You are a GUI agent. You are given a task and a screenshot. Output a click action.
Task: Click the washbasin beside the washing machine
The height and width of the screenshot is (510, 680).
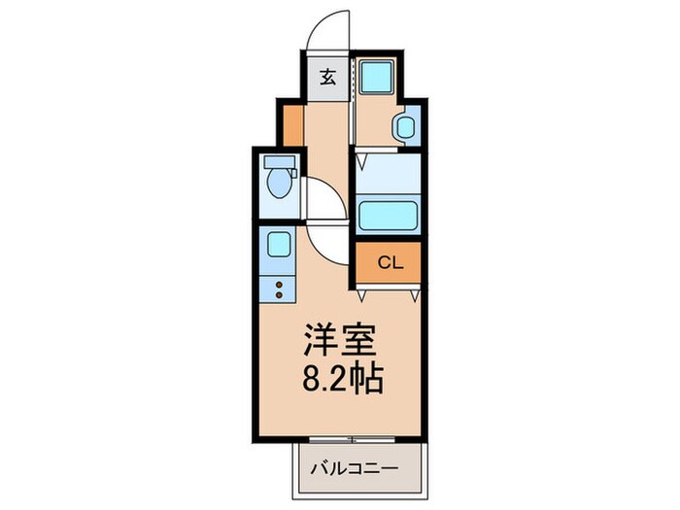405,128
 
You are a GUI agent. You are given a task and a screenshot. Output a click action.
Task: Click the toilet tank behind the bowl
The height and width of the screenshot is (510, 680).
280,162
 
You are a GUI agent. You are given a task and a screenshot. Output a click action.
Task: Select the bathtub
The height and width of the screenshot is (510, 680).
388,214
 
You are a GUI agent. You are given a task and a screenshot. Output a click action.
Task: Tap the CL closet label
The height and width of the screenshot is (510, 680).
389,261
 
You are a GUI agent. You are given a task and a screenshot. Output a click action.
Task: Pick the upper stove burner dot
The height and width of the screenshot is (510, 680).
281,284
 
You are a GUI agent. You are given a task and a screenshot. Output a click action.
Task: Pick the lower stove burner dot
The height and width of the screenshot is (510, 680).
281,293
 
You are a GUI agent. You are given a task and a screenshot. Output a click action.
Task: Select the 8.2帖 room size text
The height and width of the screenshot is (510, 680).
339,378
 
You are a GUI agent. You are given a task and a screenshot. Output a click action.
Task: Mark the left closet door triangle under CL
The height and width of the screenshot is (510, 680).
361,290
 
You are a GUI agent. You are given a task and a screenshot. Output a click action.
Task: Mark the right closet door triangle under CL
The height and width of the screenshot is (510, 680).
417,290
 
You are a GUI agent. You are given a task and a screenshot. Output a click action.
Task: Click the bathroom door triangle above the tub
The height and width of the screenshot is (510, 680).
361,155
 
